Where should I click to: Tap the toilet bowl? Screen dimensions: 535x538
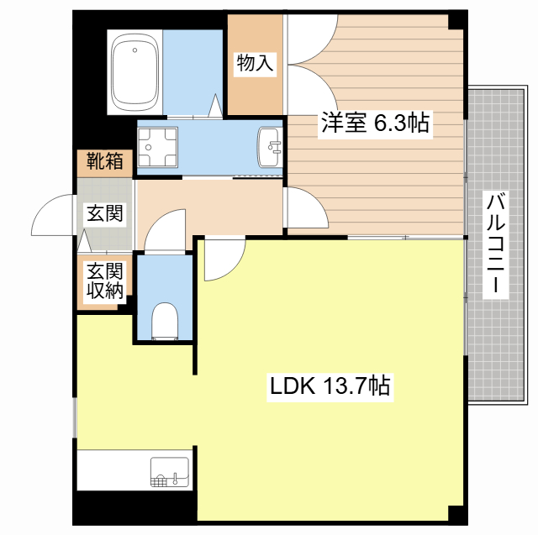pyautogui.click(x=164, y=320)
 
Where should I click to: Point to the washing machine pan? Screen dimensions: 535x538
pyautogui.click(x=159, y=148)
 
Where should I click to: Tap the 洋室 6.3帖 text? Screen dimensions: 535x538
pyautogui.click(x=374, y=124)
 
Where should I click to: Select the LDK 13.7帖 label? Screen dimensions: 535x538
pyautogui.click(x=329, y=387)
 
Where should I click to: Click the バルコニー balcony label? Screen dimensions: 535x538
pyautogui.click(x=497, y=244)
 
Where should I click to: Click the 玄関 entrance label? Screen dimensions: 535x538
pyautogui.click(x=104, y=212)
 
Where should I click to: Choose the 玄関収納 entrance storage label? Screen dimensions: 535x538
pyautogui.click(x=104, y=281)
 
